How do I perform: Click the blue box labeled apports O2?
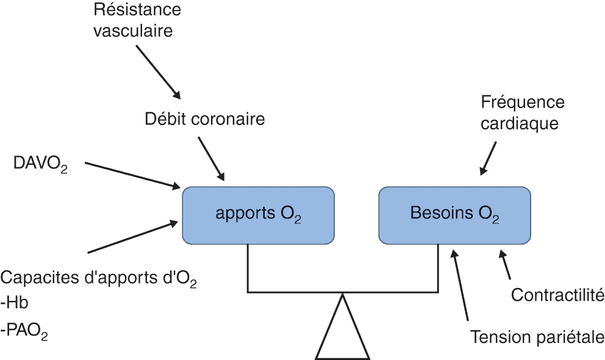pyautogui.click(x=258, y=215)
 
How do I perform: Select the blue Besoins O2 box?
pyautogui.click(x=454, y=215)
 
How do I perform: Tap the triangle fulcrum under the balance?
pyautogui.click(x=343, y=327)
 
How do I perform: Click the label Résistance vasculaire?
pyautogui.click(x=137, y=20)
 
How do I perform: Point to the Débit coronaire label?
pyautogui.click(x=205, y=119)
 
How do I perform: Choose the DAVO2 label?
pyautogui.click(x=40, y=164)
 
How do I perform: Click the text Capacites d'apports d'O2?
pyautogui.click(x=99, y=279)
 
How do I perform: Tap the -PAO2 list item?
pyautogui.click(x=24, y=332)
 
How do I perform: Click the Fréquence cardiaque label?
pyautogui.click(x=523, y=113)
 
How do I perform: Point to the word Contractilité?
pyautogui.click(x=557, y=295)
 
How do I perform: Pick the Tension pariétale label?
pyautogui.click(x=537, y=337)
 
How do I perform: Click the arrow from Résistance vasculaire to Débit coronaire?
pyautogui.click(x=158, y=72)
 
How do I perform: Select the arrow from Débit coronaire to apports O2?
pyautogui.click(x=211, y=159)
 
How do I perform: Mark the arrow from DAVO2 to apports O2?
pyautogui.click(x=133, y=176)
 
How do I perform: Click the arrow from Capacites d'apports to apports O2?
pyautogui.click(x=133, y=237)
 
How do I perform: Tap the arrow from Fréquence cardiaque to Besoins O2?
pyautogui.click(x=488, y=159)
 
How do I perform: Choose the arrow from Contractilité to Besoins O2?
pyautogui.click(x=505, y=265)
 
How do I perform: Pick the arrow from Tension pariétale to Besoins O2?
pyautogui.click(x=460, y=285)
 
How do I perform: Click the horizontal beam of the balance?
pyautogui.click(x=343, y=292)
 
